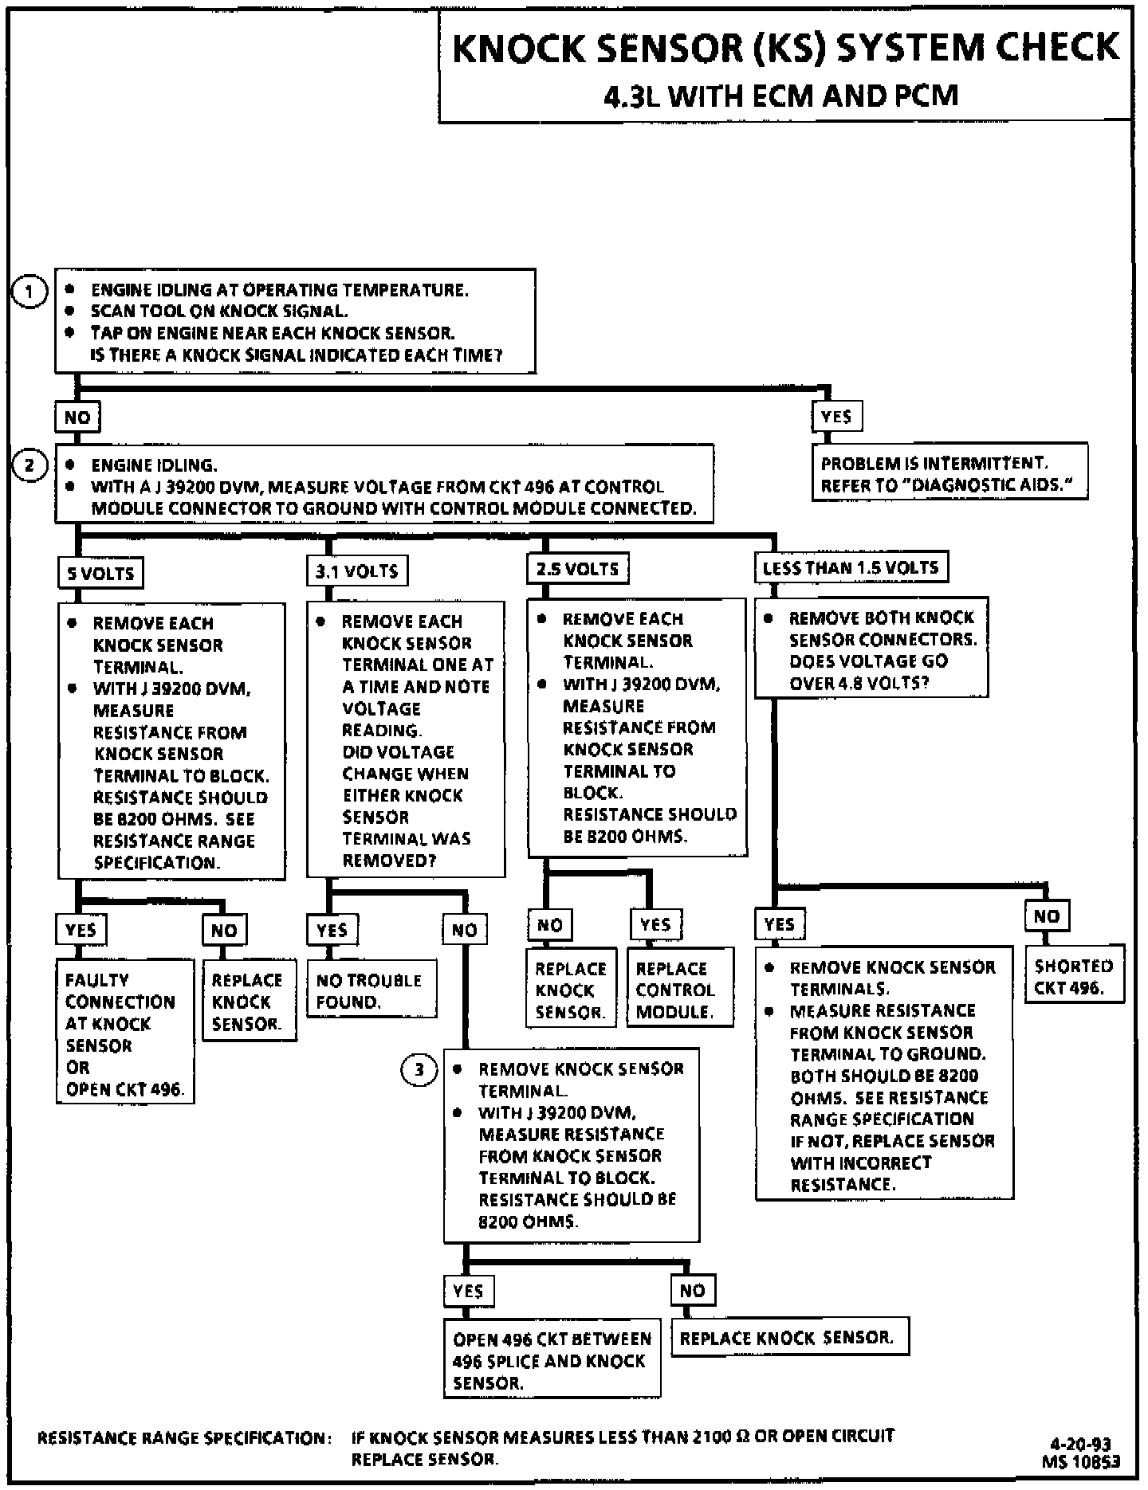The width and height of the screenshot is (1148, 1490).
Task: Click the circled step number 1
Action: point(29,292)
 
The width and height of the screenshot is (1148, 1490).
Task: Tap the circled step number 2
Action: point(29,465)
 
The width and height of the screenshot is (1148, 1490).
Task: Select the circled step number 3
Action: point(419,1069)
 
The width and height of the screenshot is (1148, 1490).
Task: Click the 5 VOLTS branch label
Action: point(101,572)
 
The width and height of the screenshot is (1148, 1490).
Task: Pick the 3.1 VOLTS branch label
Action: point(356,571)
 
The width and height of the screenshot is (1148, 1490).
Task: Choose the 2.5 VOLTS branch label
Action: point(577,569)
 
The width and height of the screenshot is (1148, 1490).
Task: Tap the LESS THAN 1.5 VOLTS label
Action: point(851,567)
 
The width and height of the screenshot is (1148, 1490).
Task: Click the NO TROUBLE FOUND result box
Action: point(372,990)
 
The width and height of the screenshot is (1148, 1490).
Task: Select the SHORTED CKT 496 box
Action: point(1074,976)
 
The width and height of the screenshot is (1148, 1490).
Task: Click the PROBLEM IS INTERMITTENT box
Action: point(949,473)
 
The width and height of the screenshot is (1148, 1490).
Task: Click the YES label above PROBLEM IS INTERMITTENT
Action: point(836,416)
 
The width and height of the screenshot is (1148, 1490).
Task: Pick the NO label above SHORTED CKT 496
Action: point(1046,916)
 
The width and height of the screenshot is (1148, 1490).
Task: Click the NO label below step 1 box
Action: point(77,417)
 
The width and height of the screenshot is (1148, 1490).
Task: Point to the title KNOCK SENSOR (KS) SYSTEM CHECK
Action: point(785,48)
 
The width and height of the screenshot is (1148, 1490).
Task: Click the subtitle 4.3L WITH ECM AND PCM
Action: point(780,96)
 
